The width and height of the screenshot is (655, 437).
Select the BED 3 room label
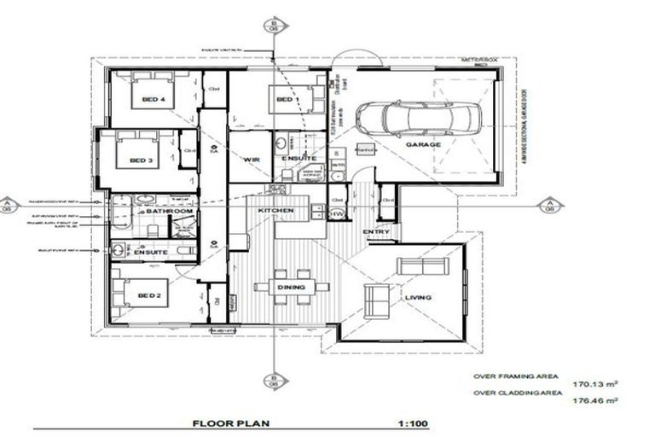click(140, 160)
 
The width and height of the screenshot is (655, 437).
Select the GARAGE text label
click(423, 145)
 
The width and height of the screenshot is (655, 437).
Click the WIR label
click(251, 160)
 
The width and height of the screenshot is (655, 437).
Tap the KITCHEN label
click(276, 210)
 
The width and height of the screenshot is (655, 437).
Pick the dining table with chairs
click(292, 287)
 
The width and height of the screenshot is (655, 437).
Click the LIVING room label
click(418, 297)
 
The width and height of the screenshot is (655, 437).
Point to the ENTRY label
click(375, 232)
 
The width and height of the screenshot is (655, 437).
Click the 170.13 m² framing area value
click(594, 384)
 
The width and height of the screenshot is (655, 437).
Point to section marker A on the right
click(549, 205)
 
